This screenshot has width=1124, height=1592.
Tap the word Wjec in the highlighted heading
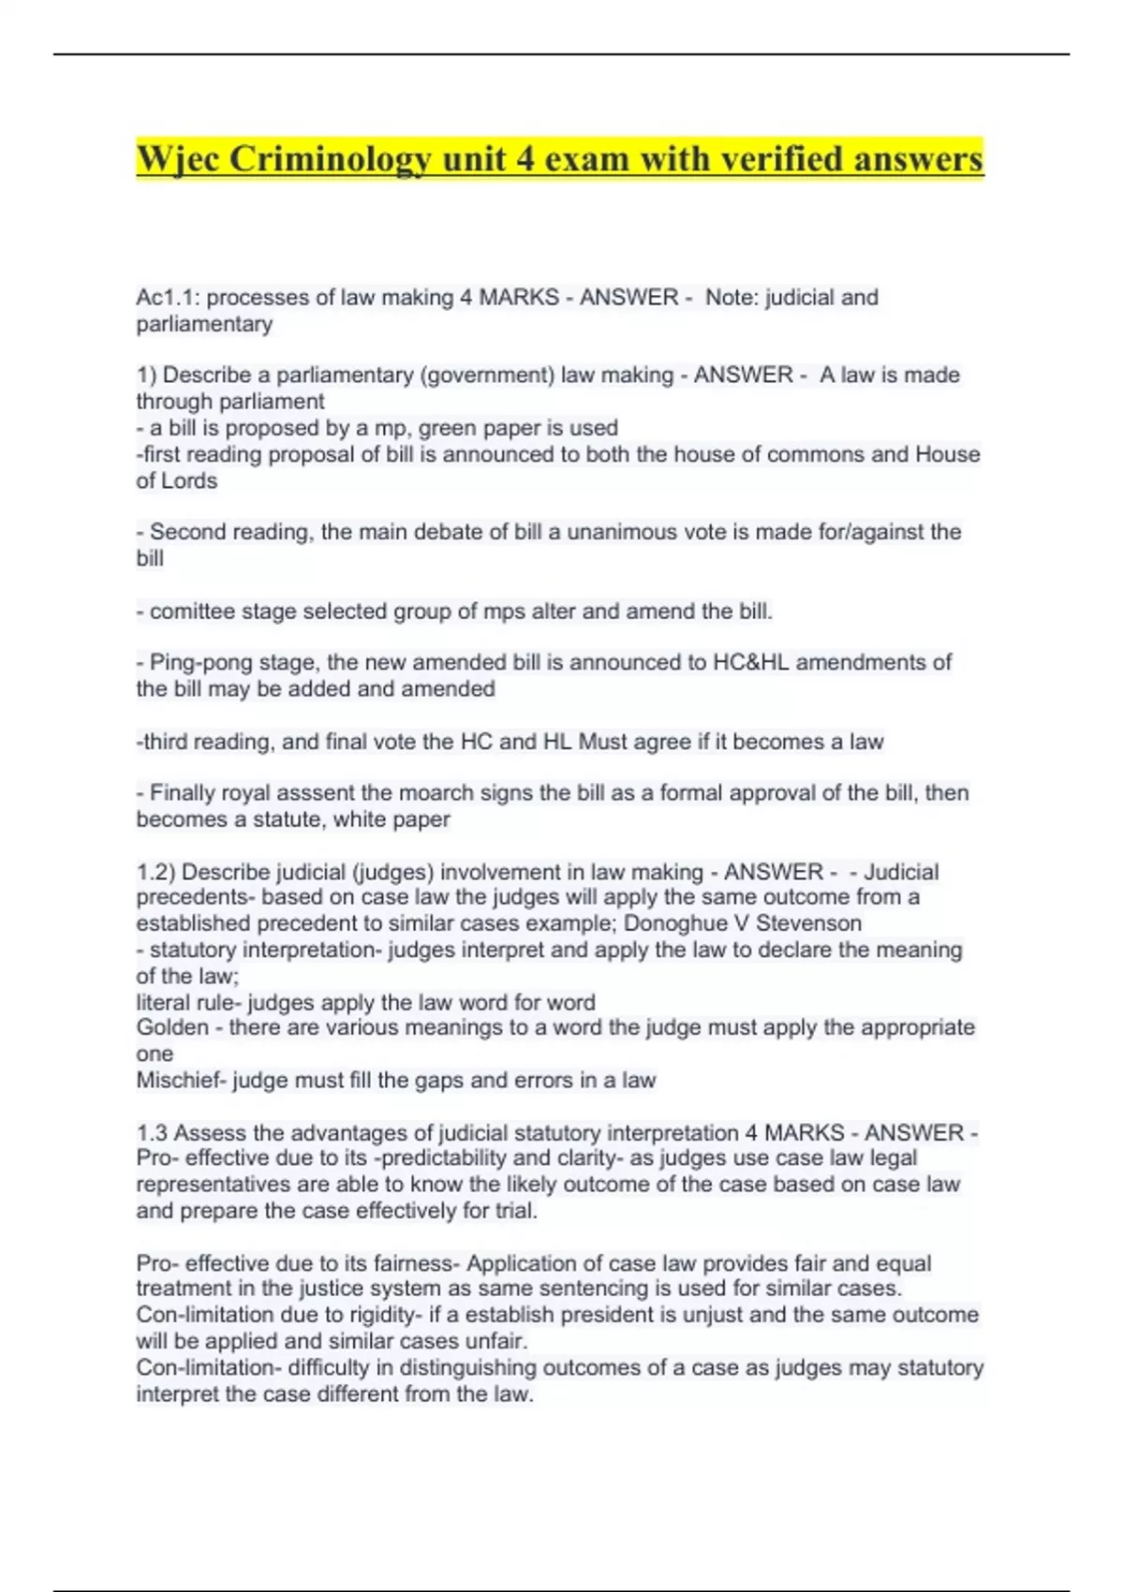(177, 159)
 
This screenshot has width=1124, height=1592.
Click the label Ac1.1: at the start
(168, 298)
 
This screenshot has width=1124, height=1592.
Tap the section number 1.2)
(155, 872)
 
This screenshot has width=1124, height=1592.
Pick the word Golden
(172, 1027)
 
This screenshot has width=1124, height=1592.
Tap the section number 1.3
(152, 1133)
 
